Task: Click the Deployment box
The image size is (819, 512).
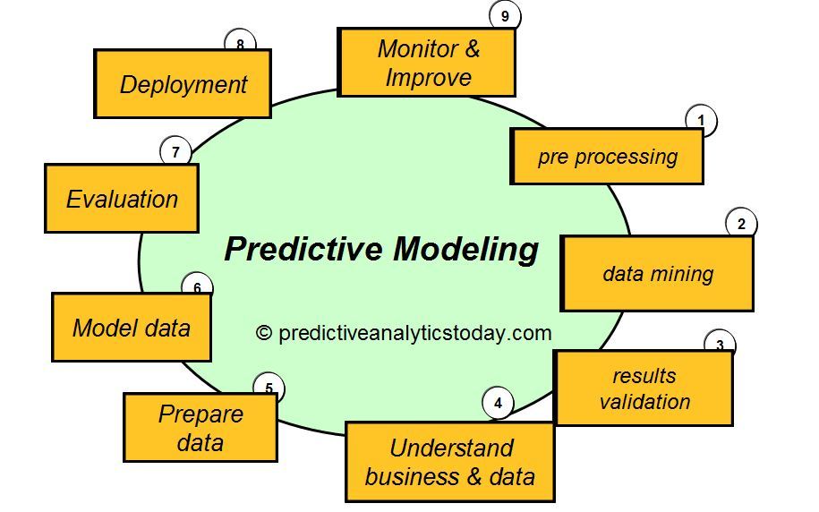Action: pos(183,84)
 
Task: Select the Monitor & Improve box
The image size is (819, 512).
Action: pos(426,63)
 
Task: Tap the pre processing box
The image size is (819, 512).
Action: pos(606,157)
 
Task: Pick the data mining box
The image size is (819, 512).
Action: pos(657,274)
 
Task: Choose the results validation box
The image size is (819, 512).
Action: pos(644,388)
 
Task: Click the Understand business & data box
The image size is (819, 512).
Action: pos(449,462)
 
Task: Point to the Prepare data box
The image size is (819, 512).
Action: pos(200,428)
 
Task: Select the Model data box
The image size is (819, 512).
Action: pos(132,328)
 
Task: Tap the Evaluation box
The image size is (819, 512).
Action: pos(122,199)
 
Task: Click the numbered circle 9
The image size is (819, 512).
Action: pos(505,15)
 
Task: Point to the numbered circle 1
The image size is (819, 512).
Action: pos(702,121)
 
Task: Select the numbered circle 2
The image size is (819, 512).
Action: pos(741,224)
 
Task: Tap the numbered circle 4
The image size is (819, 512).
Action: pos(498,404)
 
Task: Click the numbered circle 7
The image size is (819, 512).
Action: pos(175,151)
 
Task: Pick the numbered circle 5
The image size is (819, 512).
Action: pos(269,388)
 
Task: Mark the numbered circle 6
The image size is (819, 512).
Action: pos(197,287)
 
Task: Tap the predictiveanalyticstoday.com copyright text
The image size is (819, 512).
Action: pos(414,333)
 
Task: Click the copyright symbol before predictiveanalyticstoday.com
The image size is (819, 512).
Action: pos(264,333)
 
